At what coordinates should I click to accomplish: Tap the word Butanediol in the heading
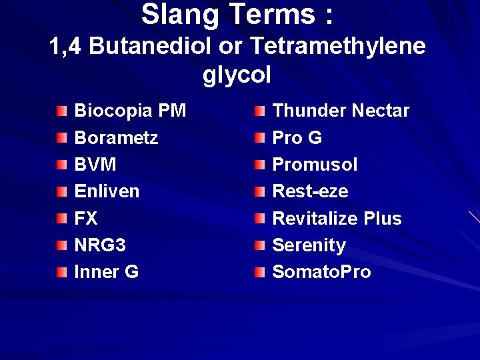pyautogui.click(x=161, y=47)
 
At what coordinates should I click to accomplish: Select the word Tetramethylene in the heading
pyautogui.click(x=338, y=47)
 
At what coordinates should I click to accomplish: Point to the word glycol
pyautogui.click(x=237, y=75)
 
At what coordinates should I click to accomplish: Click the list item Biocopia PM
pyautogui.click(x=130, y=110)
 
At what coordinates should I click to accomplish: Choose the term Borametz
pyautogui.click(x=116, y=137)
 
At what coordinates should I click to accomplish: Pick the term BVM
pyautogui.click(x=95, y=164)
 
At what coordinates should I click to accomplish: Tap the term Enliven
pyautogui.click(x=107, y=191)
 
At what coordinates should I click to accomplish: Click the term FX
pyautogui.click(x=86, y=218)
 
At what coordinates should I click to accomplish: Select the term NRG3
pyautogui.click(x=100, y=245)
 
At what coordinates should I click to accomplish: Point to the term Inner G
pyautogui.click(x=107, y=272)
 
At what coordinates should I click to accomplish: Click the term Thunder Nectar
pyautogui.click(x=341, y=110)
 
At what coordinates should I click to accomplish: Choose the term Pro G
pyautogui.click(x=297, y=137)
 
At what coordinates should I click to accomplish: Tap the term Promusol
pyautogui.click(x=315, y=164)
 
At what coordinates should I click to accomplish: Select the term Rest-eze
pyautogui.click(x=310, y=191)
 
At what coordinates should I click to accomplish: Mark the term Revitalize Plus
pyautogui.click(x=337, y=218)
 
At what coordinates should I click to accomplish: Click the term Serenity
pyautogui.click(x=309, y=245)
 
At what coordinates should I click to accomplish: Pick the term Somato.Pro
pyautogui.click(x=321, y=272)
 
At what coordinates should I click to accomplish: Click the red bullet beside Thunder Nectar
pyautogui.click(x=260, y=110)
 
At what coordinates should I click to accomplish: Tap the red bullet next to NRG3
pyautogui.click(x=61, y=245)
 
